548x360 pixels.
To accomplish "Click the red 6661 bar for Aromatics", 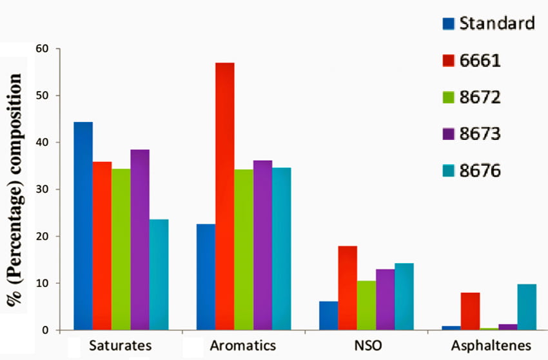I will point(224,196).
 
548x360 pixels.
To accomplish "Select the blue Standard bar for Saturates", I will point(83,226).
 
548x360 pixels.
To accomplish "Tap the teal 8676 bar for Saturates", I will point(159,275).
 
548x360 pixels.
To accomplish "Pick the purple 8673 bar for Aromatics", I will point(262,245).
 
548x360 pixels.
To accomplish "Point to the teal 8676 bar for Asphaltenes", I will point(527,307).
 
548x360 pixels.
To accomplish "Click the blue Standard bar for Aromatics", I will point(206,277).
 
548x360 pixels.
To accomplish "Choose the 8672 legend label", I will point(480,97).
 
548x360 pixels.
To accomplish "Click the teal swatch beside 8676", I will point(449,171).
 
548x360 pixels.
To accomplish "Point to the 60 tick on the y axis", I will point(43,48).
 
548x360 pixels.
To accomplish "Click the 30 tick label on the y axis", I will point(43,190).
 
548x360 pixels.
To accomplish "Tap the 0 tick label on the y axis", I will point(46,330).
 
